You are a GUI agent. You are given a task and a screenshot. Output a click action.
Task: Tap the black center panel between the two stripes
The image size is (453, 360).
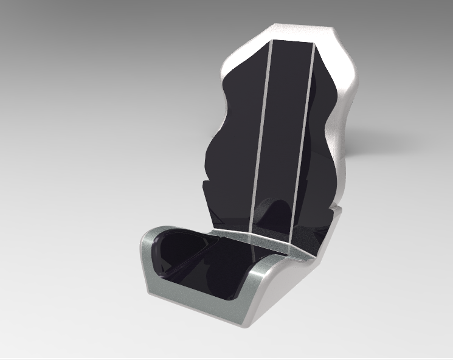click(x=283, y=122)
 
